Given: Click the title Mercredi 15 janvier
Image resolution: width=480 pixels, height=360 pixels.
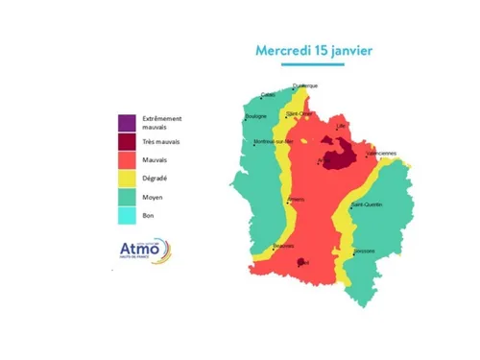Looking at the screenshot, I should tap(313, 50).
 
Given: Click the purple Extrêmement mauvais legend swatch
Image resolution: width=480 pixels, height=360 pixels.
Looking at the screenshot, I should tap(126, 122).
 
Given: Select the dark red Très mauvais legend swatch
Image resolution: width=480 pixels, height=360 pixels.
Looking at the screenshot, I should tap(126, 141).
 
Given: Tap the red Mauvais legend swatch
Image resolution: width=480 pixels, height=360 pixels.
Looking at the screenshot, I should tap(126, 159).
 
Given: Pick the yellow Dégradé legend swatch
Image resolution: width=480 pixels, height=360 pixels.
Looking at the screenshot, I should tap(126, 178).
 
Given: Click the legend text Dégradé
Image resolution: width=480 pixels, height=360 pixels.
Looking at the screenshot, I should tap(155, 178).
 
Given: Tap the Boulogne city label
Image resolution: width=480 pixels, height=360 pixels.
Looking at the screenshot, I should tap(255, 116).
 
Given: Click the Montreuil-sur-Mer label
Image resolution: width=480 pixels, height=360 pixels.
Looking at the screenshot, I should tap(269, 142).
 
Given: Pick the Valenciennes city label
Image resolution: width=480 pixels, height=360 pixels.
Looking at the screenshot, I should tap(380, 153).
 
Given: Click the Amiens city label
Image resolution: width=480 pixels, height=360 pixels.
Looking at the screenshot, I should tap(297, 199).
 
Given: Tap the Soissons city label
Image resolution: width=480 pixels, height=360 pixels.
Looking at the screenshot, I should tap(364, 252).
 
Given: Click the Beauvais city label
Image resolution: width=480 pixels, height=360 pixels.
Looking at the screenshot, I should tap(282, 246).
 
